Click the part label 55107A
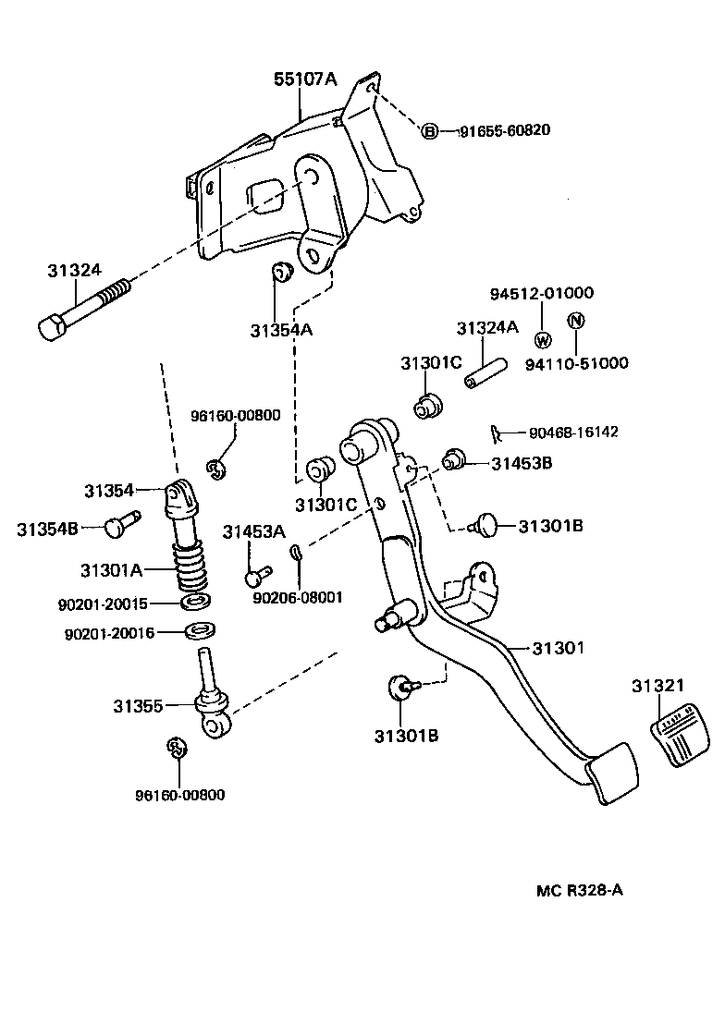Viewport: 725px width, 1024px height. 304,79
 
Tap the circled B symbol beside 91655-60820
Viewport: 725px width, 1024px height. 430,131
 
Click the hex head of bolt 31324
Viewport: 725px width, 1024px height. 54,325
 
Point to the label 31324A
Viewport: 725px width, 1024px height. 487,328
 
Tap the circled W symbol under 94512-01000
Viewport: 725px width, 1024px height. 542,338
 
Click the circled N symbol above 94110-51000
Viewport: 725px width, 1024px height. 574,321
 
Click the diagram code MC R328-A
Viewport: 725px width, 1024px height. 580,891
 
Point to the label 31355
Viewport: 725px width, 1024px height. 138,706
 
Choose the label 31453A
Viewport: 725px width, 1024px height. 254,531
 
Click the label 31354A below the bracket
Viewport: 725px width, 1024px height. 281,330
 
